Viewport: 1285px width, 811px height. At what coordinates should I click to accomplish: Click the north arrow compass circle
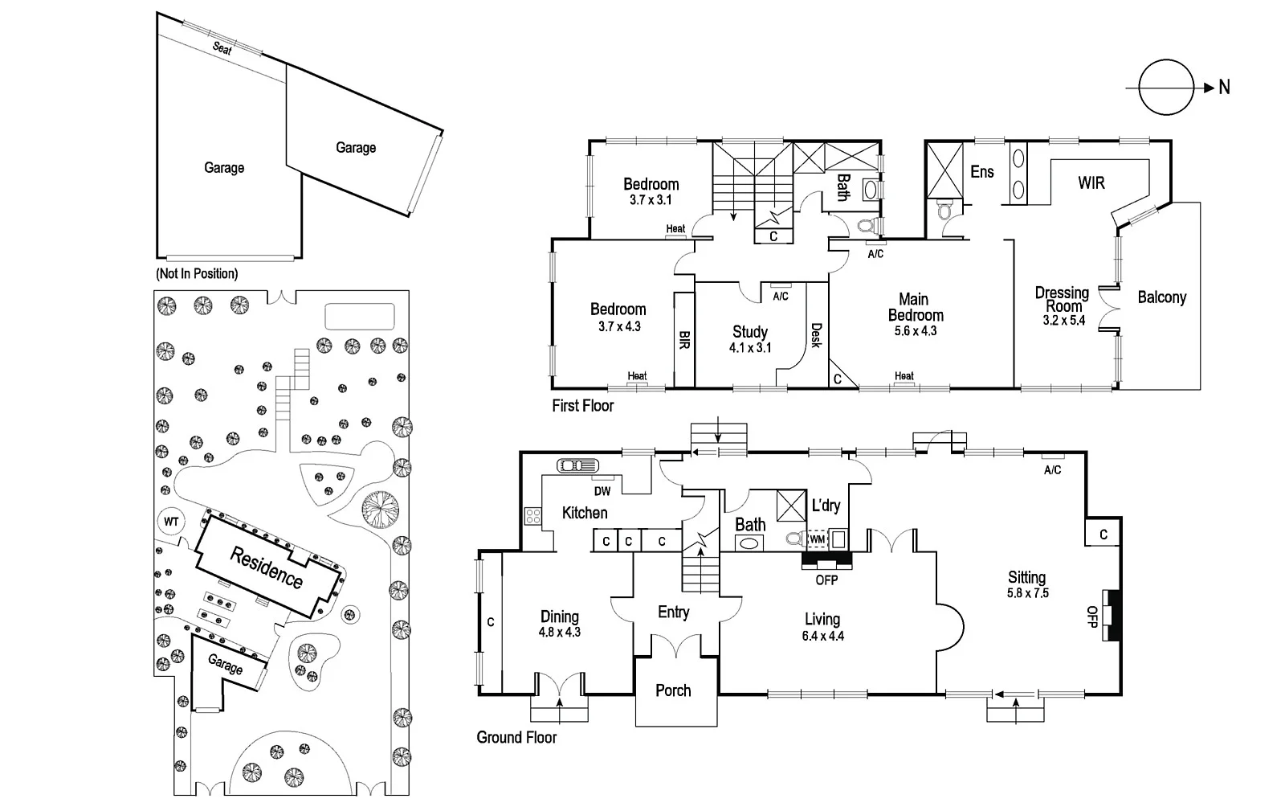tap(1167, 88)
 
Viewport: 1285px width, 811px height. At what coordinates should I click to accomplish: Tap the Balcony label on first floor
tap(1161, 297)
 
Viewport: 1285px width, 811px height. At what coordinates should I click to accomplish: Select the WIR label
tap(1091, 183)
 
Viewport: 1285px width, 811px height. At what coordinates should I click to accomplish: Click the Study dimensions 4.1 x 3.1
tap(750, 348)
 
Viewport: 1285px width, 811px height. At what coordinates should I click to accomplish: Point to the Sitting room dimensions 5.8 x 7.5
tap(1027, 593)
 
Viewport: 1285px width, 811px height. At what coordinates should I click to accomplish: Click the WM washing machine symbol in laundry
tap(817, 539)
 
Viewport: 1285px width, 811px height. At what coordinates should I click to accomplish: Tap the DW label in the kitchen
tap(602, 491)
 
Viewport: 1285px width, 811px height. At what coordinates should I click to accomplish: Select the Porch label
tap(673, 690)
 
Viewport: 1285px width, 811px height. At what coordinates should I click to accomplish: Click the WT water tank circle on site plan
tap(171, 522)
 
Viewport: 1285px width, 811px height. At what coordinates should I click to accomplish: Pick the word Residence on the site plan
tap(266, 567)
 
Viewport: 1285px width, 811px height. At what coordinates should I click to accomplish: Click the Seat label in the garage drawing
tap(222, 48)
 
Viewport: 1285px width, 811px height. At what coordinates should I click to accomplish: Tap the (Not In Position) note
tap(197, 273)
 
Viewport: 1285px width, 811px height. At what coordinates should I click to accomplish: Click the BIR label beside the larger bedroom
tap(684, 339)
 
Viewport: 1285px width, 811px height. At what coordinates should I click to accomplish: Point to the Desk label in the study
tap(816, 335)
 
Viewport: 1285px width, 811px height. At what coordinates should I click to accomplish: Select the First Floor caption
tap(582, 406)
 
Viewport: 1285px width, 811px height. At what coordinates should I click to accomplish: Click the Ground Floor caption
tap(516, 737)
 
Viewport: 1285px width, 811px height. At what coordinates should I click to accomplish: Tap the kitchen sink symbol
tap(577, 465)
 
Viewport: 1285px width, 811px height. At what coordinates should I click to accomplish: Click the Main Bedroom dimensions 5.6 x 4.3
tap(916, 330)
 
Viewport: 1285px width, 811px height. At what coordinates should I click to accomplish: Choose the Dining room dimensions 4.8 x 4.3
tap(559, 632)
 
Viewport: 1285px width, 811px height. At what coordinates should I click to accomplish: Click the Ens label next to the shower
tap(981, 171)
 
